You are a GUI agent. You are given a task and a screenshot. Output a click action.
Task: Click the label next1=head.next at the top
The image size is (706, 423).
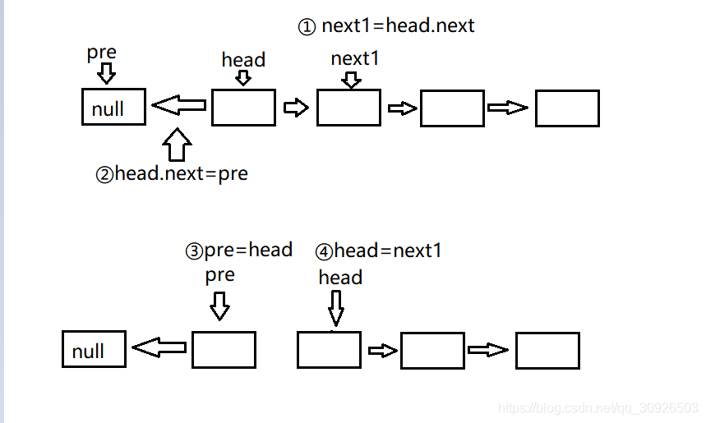click(398, 25)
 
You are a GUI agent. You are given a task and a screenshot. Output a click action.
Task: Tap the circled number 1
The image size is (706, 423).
click(307, 27)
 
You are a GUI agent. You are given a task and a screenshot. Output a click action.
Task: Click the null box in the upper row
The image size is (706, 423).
click(114, 107)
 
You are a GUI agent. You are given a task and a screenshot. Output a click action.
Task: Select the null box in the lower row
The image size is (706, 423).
click(94, 349)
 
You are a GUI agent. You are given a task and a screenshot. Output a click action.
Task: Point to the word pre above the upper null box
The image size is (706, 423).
click(102, 53)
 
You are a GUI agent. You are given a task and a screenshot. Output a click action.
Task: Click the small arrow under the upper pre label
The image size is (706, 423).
click(107, 73)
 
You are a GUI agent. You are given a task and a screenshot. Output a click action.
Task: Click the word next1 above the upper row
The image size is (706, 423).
click(355, 58)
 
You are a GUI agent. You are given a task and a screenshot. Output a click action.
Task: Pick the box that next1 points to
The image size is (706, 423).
click(349, 108)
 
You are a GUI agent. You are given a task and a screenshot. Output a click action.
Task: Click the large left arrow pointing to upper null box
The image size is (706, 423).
click(178, 105)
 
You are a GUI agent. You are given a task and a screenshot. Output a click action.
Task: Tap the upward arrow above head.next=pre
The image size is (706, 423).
click(177, 145)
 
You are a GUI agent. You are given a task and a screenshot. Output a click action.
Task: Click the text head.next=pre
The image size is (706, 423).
click(181, 173)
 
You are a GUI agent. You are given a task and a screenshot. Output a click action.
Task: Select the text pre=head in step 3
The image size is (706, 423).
click(248, 250)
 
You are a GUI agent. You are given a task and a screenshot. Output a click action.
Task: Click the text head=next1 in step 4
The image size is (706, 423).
click(388, 251)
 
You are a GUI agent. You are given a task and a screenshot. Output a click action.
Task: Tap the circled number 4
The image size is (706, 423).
click(324, 252)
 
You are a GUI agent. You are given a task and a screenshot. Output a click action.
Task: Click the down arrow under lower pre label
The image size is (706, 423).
click(219, 306)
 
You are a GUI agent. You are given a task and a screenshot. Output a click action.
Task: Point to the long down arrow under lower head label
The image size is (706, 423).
click(336, 308)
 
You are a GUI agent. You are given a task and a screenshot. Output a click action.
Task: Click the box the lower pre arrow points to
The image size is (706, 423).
click(224, 350)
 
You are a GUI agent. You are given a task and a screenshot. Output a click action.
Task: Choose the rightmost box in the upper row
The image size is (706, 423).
click(567, 108)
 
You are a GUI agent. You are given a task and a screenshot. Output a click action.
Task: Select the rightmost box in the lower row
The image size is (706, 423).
click(547, 351)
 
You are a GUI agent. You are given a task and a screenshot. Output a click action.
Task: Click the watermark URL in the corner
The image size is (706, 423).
click(598, 407)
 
